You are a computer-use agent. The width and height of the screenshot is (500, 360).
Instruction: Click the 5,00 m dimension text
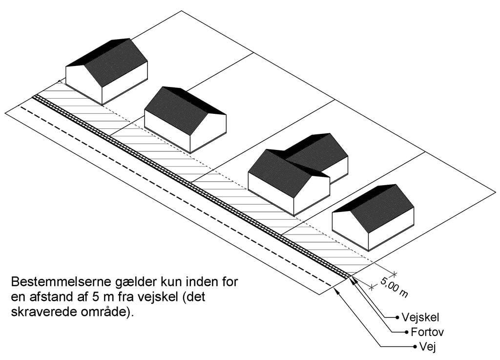[394, 287]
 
